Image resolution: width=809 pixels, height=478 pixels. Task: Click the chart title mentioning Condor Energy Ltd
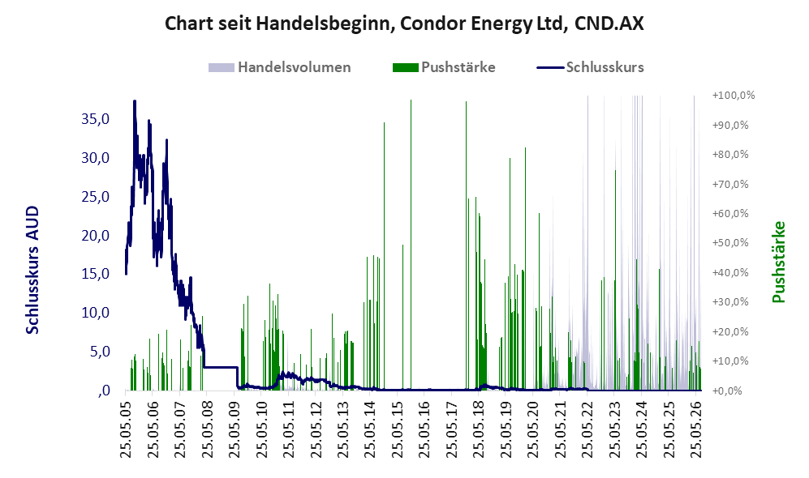[x=404, y=23]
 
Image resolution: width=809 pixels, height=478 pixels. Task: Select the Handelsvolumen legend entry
[x=280, y=67]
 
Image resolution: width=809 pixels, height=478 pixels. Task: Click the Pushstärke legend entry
[x=444, y=67]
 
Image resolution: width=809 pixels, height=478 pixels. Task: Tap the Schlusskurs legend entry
[x=590, y=67]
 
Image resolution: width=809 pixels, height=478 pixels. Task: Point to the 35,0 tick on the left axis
[x=96, y=119]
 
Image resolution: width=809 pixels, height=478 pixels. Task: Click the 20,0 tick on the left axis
[x=96, y=236]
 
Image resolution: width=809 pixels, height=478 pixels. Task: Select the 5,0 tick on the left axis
[x=100, y=352]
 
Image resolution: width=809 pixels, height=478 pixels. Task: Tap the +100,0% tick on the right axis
[x=734, y=96]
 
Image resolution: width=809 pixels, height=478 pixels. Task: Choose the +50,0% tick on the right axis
[x=730, y=242]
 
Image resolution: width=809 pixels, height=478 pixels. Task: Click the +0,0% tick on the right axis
[x=728, y=391]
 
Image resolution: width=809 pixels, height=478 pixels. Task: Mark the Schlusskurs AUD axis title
[x=32, y=270]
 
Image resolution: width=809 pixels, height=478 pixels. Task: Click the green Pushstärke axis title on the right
[x=778, y=262]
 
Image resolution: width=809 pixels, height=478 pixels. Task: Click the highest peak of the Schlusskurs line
[x=134, y=101]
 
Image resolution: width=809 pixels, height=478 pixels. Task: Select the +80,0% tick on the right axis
[x=730, y=155]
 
